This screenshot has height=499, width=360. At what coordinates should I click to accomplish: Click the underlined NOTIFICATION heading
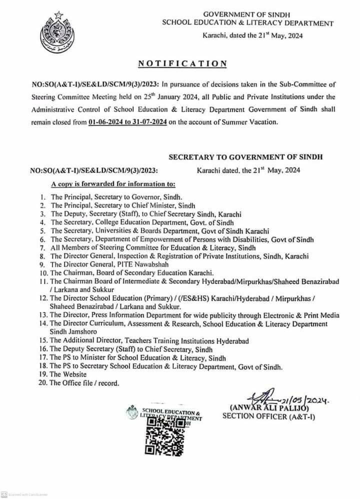[x=182, y=63]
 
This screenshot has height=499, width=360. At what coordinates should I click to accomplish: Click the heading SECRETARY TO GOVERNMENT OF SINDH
[x=245, y=156]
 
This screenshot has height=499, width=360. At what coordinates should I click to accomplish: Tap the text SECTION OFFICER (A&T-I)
[x=269, y=415]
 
